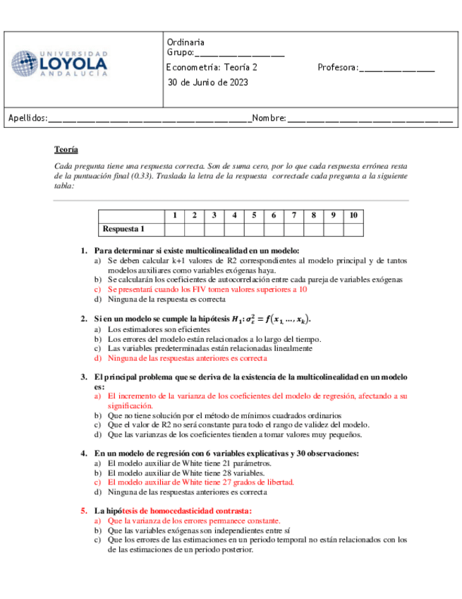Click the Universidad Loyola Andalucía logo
(59, 64)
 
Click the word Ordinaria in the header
(186, 42)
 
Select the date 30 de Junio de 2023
(207, 82)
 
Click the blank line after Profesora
(396, 69)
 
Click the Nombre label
(268, 118)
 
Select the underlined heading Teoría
(66, 150)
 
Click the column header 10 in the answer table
(353, 215)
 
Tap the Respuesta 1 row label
(123, 229)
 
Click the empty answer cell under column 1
(174, 229)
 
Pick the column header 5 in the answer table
(253, 215)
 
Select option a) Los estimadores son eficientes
(150, 329)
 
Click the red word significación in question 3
(130, 406)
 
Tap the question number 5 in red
(83, 510)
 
